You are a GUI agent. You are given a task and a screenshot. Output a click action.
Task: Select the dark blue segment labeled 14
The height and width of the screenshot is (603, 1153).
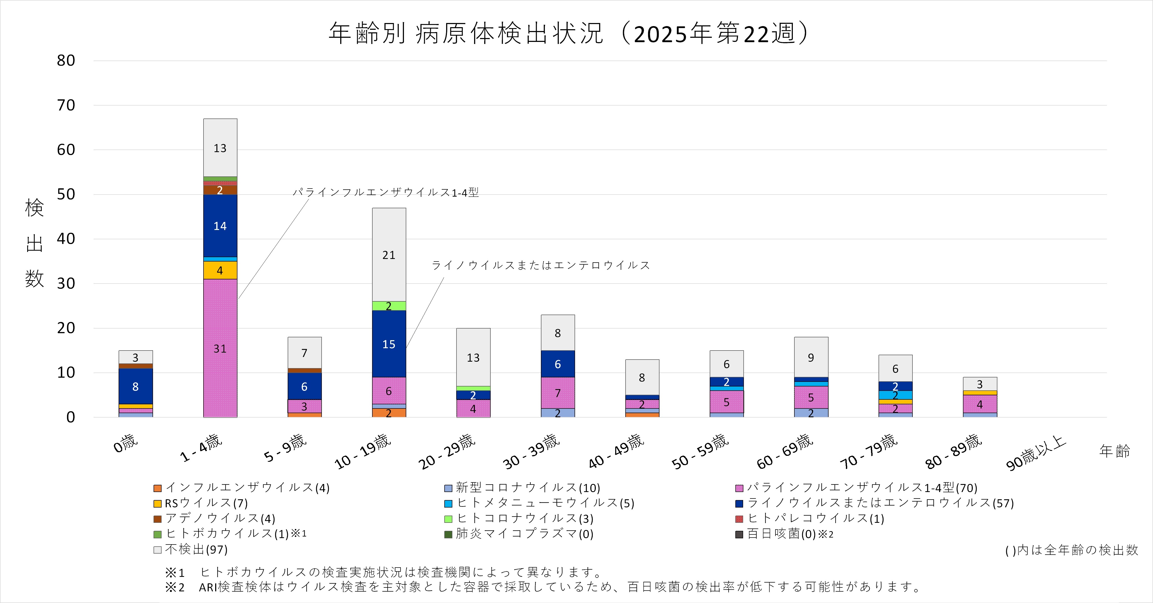point(220,226)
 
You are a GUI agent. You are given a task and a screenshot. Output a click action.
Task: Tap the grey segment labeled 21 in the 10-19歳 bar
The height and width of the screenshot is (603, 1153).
point(389,255)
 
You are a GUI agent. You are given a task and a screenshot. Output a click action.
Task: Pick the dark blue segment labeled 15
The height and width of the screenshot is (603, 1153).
point(389,344)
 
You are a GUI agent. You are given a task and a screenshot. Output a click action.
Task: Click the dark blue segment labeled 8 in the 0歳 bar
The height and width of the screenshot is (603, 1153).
point(136,386)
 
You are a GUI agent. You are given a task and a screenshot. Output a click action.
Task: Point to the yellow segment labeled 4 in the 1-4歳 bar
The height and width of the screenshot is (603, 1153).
point(220,270)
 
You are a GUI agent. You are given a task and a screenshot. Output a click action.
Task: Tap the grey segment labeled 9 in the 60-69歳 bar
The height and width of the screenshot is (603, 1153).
point(811,358)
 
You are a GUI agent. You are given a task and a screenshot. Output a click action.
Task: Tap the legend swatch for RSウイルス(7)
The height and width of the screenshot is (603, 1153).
point(157,504)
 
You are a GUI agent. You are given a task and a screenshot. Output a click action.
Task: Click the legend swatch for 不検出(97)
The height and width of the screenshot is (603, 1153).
point(157,550)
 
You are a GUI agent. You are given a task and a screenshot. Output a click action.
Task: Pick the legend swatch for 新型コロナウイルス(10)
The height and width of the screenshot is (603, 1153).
point(448,488)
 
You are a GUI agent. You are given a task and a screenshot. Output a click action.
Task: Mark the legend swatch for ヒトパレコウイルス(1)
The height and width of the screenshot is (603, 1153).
point(739,519)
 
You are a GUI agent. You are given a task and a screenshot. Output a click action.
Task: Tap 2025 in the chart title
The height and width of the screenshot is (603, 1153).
point(661,34)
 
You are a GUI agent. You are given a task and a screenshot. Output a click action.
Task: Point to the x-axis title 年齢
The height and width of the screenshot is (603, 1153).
point(1114,451)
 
